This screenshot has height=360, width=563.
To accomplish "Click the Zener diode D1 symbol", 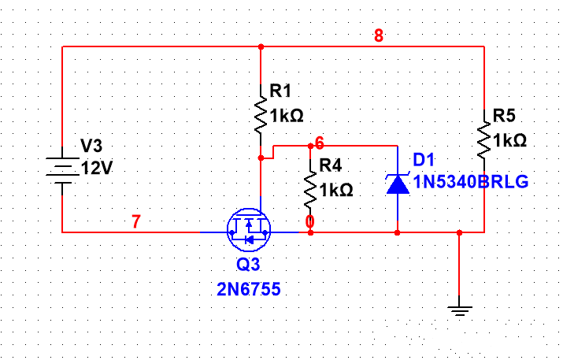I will pos(397,184).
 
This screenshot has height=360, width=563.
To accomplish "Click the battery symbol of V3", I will pos(61,169).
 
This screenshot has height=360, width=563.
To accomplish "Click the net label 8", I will pos(379,36).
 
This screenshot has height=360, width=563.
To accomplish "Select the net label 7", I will pos(136,223).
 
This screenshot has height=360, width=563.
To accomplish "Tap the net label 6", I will pos(319,143).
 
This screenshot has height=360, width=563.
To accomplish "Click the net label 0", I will pos(310,223).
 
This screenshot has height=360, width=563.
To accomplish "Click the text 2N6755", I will pos(249,289).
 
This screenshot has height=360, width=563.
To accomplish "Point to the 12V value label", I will pos(98,168).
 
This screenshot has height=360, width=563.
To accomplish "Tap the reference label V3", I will pos(92,147).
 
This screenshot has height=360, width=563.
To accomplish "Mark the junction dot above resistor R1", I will pos(260,46).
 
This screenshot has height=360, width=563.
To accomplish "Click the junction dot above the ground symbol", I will pos(460,233).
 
